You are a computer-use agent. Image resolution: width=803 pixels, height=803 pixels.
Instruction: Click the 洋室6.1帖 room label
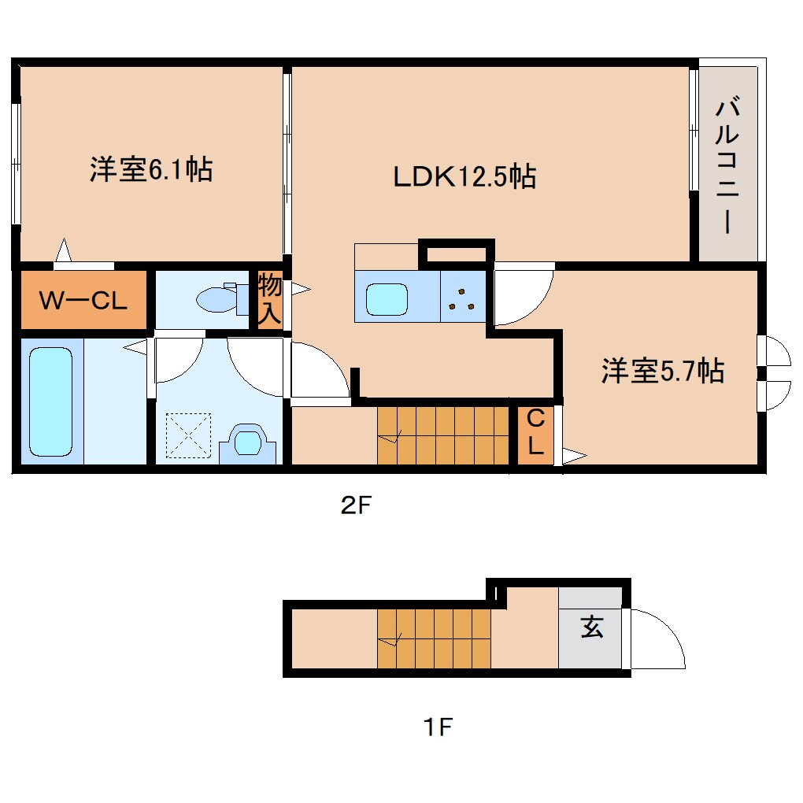click(150, 169)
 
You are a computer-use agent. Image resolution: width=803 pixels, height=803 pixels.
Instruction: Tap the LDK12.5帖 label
click(464, 176)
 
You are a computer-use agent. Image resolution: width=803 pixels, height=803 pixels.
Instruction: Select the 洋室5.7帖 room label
click(662, 370)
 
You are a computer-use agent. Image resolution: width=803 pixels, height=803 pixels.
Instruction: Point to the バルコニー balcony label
click(728, 165)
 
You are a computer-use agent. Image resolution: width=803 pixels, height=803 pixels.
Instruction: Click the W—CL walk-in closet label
click(83, 301)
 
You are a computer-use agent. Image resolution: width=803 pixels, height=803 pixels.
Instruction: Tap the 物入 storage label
click(269, 299)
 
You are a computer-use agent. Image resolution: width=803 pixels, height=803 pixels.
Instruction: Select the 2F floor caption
click(355, 506)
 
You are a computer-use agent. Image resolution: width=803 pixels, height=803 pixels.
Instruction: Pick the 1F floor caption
click(437, 727)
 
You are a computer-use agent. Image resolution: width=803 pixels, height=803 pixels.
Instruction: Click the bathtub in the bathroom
click(51, 402)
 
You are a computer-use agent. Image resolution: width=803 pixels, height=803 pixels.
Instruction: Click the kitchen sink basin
click(386, 298)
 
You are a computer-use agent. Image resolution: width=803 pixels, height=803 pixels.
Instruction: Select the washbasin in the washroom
click(247, 442)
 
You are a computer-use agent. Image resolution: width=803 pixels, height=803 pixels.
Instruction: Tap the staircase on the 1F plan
click(434, 638)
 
